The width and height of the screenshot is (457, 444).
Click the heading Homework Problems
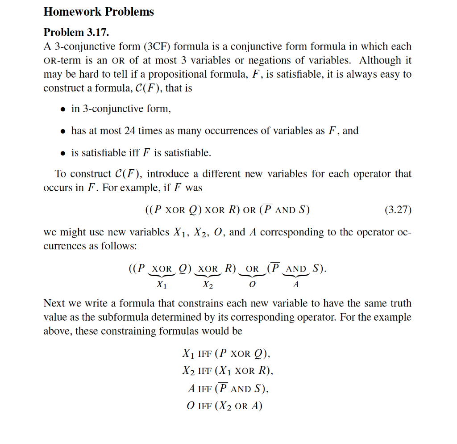pyautogui.click(x=99, y=12)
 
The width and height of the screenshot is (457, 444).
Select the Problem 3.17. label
pyautogui.click(x=76, y=32)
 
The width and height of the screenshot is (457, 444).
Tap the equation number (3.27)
pyautogui.click(x=397, y=210)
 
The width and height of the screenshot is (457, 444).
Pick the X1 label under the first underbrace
pyautogui.click(x=162, y=285)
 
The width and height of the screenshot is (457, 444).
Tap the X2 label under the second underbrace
pyautogui.click(x=208, y=285)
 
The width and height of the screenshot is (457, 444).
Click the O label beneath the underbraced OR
pyautogui.click(x=252, y=285)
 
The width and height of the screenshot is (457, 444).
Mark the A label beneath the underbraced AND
pyautogui.click(x=296, y=285)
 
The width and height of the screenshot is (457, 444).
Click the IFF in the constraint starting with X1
pyautogui.click(x=204, y=354)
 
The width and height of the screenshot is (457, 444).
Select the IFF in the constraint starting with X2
pyautogui.click(x=204, y=371)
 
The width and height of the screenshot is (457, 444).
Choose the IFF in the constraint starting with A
pyautogui.click(x=205, y=389)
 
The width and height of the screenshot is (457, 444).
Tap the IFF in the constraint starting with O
pyautogui.click(x=204, y=406)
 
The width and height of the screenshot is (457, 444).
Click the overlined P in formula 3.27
pyautogui.click(x=266, y=210)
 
